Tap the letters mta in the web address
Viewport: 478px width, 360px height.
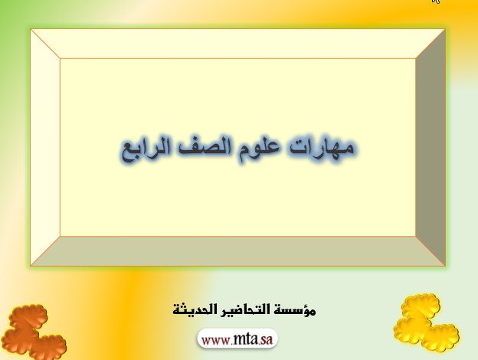tap(245, 339)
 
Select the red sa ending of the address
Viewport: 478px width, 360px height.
tap(266, 340)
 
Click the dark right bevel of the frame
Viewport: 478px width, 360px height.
tap(431, 148)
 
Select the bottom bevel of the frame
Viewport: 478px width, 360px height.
tap(237, 251)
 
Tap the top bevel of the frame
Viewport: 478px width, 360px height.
tap(237, 44)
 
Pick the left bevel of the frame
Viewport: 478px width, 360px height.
tap(45, 148)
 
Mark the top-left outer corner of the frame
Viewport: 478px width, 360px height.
tap(31, 29)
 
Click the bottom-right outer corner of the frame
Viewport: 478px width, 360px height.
tap(445, 266)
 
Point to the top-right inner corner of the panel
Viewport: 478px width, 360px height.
tap(415, 58)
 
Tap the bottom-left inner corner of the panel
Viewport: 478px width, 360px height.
tap(61, 236)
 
